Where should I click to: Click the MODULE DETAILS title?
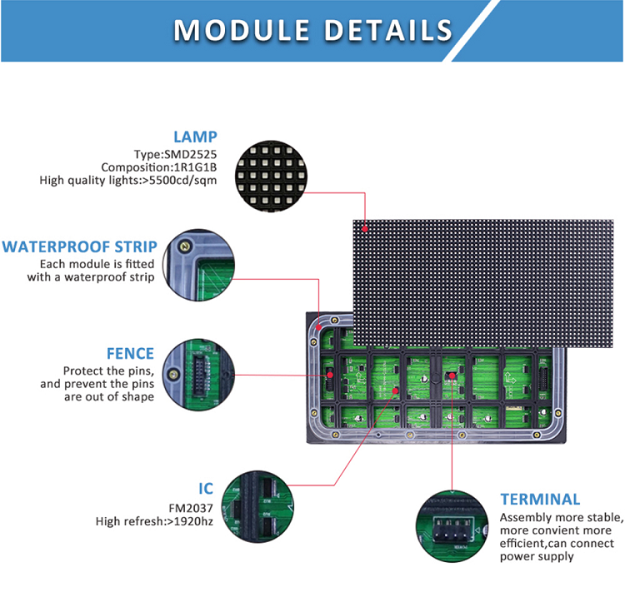[x=312, y=30]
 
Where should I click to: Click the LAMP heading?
[x=195, y=137]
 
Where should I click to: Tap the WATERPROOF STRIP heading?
[x=79, y=246]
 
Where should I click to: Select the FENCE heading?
[x=130, y=354]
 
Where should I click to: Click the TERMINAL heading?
[x=540, y=500]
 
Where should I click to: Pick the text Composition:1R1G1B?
[x=165, y=167]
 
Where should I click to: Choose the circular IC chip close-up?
[x=262, y=503]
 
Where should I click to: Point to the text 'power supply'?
[x=537, y=556]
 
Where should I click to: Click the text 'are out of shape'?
[x=109, y=397]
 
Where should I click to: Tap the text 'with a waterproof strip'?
[x=90, y=277]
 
